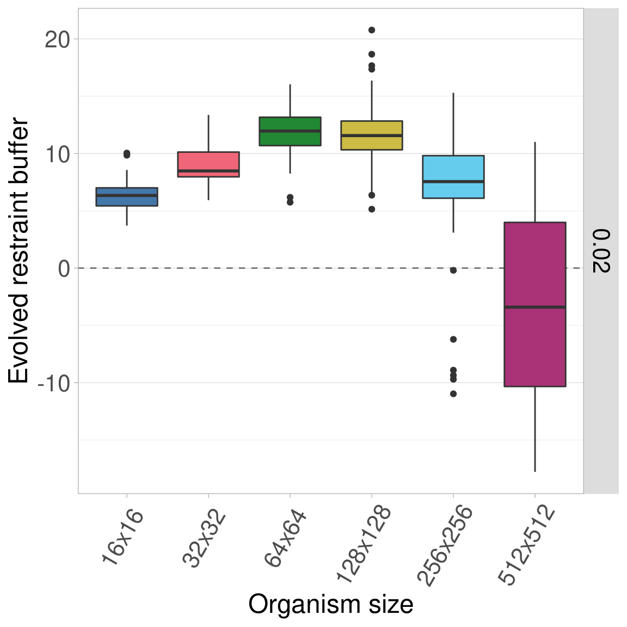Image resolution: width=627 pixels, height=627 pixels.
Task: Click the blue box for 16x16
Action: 127,196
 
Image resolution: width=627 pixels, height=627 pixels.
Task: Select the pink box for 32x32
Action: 208,164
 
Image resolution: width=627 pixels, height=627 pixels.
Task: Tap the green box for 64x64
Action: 290,131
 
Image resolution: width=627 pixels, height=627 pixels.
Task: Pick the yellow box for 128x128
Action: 372,135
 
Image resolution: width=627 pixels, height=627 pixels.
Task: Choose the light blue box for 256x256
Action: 453,177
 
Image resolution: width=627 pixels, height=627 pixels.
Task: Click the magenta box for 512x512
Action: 535,304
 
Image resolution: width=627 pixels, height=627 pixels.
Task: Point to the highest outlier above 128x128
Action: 372,30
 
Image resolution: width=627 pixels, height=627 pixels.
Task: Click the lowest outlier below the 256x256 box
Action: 453,394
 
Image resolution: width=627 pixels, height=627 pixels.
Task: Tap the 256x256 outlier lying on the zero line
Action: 453,270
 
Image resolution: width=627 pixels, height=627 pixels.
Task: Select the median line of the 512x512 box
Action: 535,307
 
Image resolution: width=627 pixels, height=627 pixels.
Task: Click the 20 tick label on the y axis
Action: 58,39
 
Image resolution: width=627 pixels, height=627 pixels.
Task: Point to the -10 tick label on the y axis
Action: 54,383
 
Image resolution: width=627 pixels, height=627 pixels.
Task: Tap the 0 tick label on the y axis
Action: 64,268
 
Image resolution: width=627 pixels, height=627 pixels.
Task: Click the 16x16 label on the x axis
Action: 122,538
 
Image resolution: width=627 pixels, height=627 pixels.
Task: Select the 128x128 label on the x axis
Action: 364,544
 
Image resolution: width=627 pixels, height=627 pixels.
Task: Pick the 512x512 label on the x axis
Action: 527,546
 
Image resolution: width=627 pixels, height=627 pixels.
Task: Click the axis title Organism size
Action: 331,605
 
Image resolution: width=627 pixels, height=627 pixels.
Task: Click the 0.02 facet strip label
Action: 601,251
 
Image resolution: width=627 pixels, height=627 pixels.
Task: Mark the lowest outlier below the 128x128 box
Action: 372,209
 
